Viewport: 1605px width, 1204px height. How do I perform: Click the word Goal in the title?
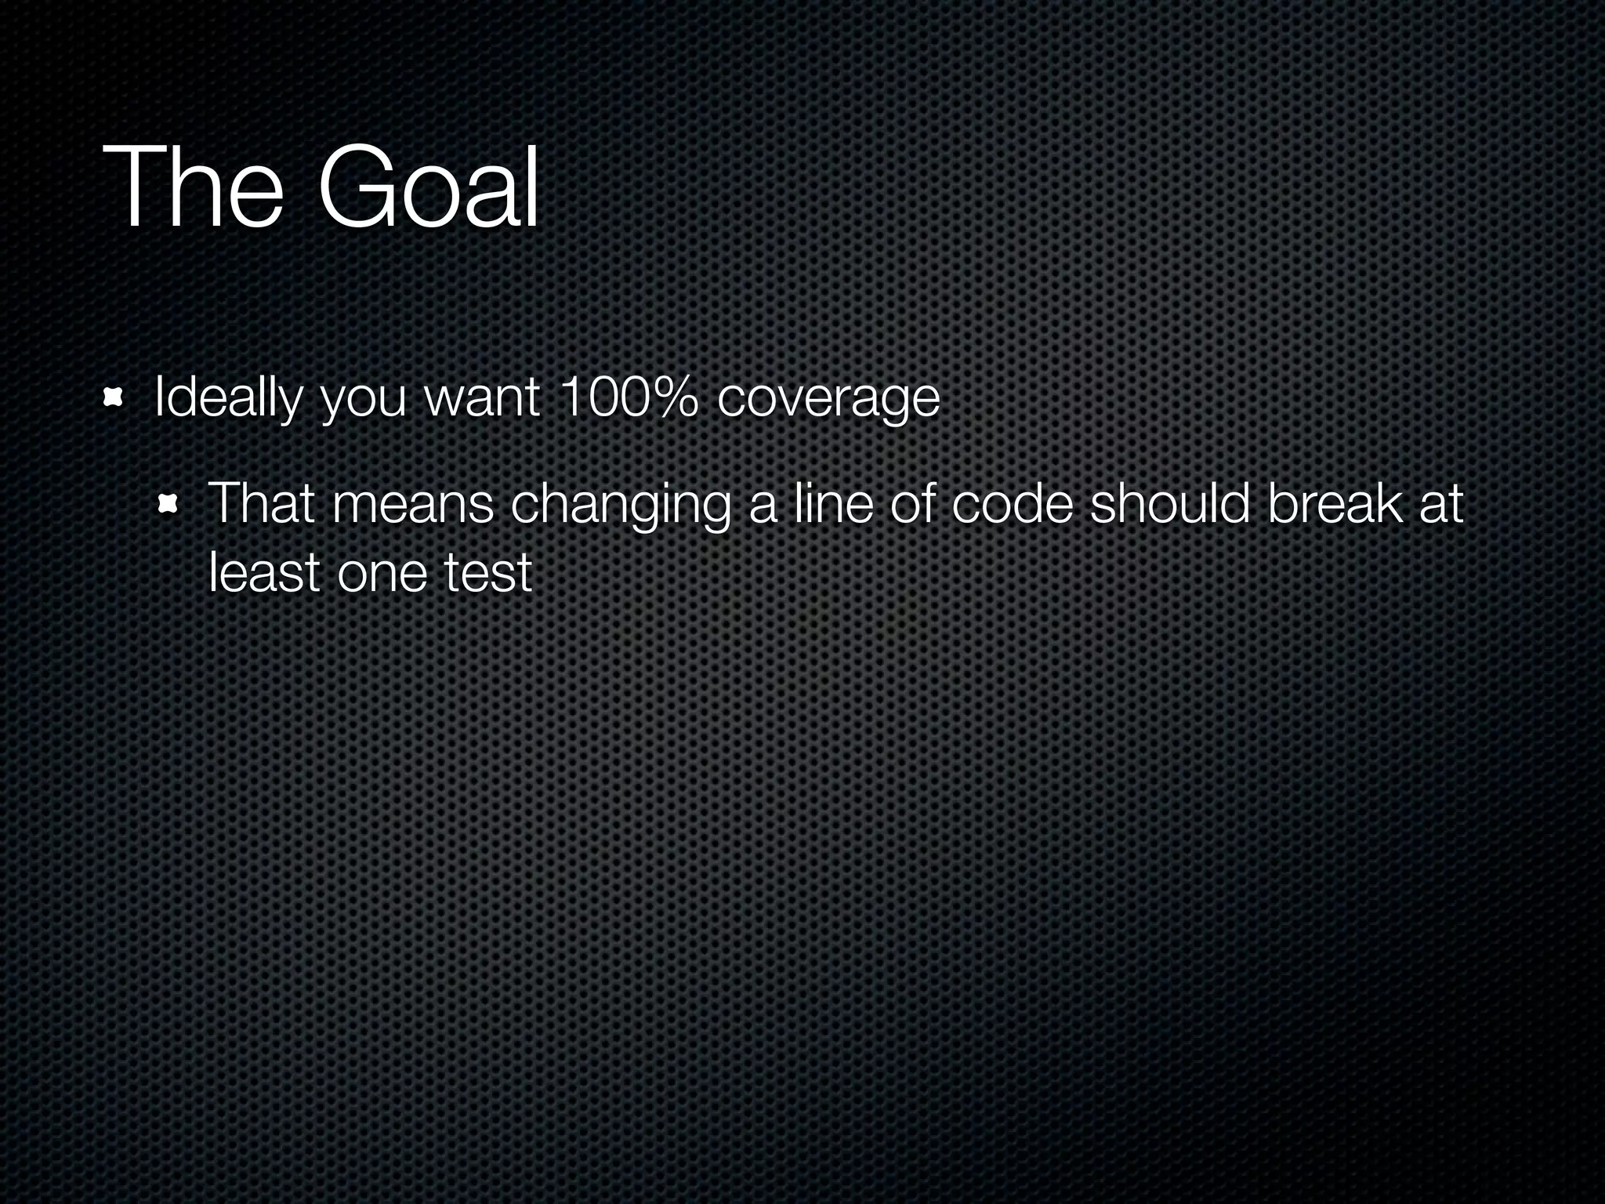pyautogui.click(x=428, y=188)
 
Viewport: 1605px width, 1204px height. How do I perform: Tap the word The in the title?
pyautogui.click(x=193, y=188)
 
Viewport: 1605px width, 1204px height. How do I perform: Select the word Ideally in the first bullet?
pyautogui.click(x=227, y=398)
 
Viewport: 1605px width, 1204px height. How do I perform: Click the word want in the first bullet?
pyautogui.click(x=482, y=397)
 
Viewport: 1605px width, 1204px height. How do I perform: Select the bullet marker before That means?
pyautogui.click(x=166, y=503)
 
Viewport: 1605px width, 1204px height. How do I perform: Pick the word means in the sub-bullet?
pyautogui.click(x=412, y=504)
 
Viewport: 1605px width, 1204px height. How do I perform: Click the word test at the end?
pyautogui.click(x=487, y=572)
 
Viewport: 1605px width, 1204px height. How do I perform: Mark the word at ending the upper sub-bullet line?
pyautogui.click(x=1441, y=504)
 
